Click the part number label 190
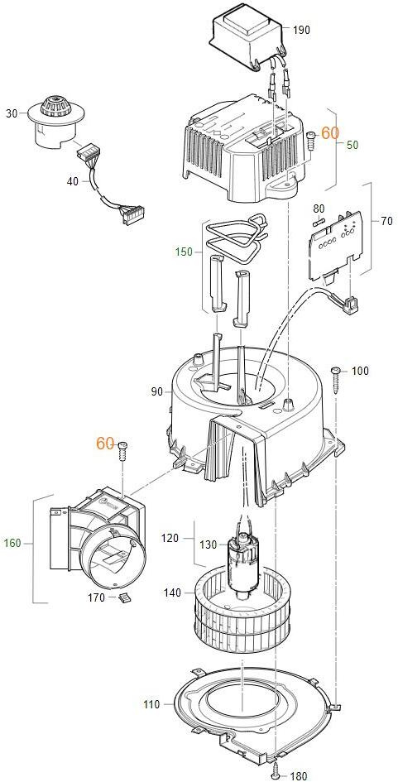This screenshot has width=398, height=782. point(301,30)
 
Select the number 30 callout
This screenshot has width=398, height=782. point(12,113)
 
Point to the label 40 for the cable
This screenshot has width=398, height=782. point(73,181)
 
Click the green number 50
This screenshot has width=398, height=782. point(352,145)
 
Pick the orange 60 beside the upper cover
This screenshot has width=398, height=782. point(329,132)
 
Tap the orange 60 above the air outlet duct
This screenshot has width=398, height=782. point(105,443)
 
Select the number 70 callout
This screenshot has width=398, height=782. point(386,221)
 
